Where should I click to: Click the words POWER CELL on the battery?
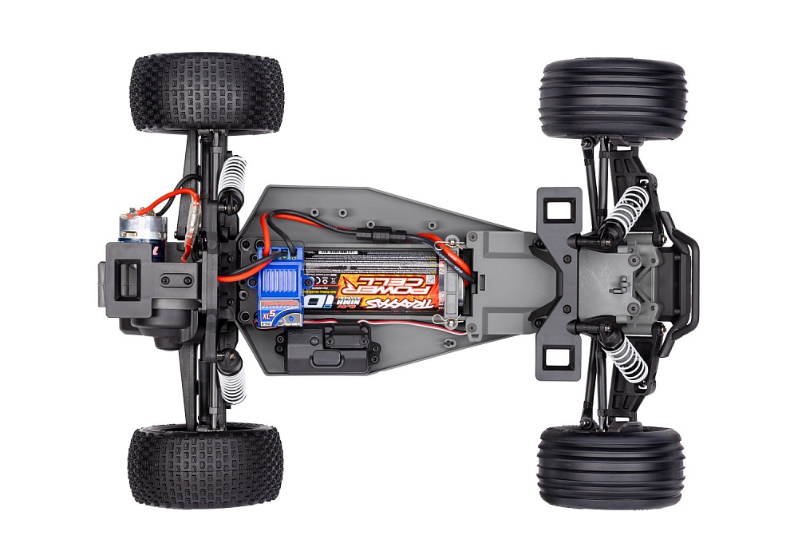pos(385,282)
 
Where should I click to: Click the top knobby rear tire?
pos(207,93)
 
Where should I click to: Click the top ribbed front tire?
pos(612,98)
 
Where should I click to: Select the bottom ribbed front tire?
pos(610,467)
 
